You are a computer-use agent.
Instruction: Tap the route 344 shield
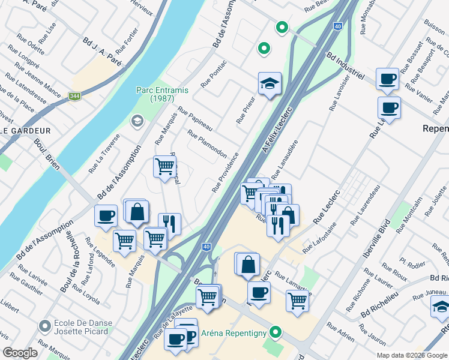(74, 96)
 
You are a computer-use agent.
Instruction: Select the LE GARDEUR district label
(25, 130)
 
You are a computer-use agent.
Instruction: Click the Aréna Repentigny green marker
(276, 331)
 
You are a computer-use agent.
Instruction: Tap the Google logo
(20, 353)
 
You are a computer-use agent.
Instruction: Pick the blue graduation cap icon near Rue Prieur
(270, 83)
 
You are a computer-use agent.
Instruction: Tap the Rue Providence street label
(225, 172)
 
